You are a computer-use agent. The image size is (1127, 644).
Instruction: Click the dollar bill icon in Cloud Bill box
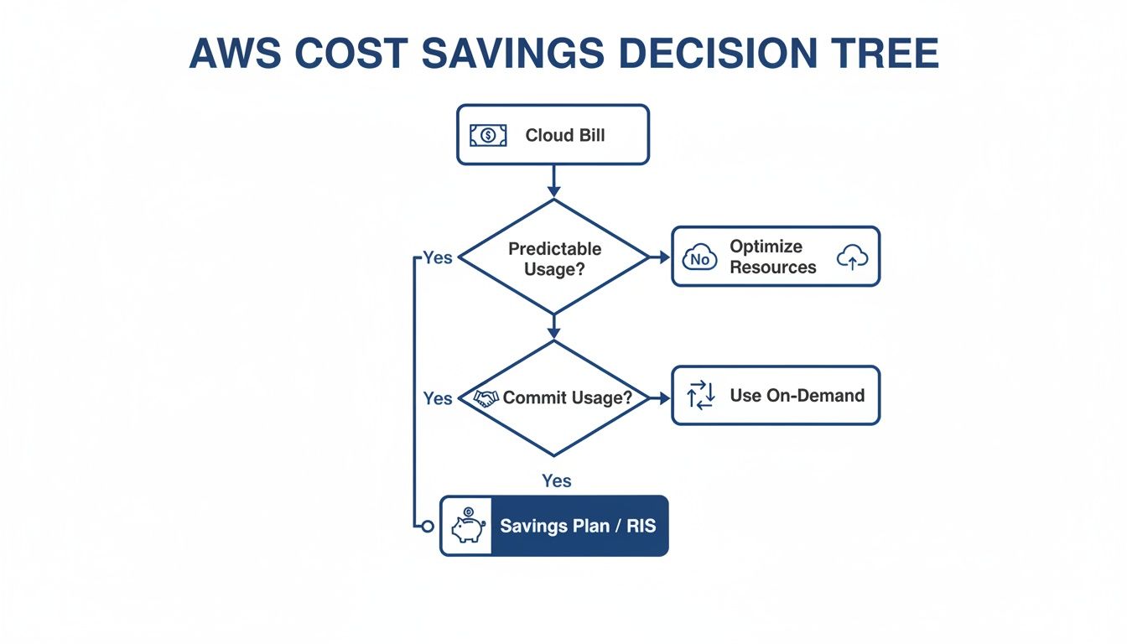(x=488, y=135)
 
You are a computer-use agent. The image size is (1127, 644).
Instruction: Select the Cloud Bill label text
(x=564, y=135)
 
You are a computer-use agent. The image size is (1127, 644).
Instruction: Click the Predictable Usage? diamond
(x=554, y=257)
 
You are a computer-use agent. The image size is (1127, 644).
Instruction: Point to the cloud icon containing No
(x=700, y=258)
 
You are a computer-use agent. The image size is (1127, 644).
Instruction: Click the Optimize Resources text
(x=772, y=257)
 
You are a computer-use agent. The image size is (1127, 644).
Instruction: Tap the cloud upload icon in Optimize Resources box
(x=852, y=258)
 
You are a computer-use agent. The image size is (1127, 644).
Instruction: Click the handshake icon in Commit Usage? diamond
(x=486, y=398)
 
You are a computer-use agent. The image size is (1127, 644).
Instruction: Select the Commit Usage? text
(x=567, y=397)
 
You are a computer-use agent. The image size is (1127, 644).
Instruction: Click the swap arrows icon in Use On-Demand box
(x=700, y=395)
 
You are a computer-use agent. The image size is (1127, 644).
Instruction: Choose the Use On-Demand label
(x=797, y=395)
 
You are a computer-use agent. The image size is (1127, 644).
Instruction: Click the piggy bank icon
(x=467, y=527)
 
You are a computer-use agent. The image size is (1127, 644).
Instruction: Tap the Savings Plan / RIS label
(x=578, y=527)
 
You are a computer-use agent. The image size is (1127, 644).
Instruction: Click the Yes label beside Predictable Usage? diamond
(x=438, y=257)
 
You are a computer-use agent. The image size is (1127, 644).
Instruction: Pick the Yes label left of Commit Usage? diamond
(x=438, y=398)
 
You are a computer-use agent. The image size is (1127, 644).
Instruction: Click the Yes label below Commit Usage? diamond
(x=557, y=480)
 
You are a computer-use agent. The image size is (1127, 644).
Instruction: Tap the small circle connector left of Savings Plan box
(x=428, y=527)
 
